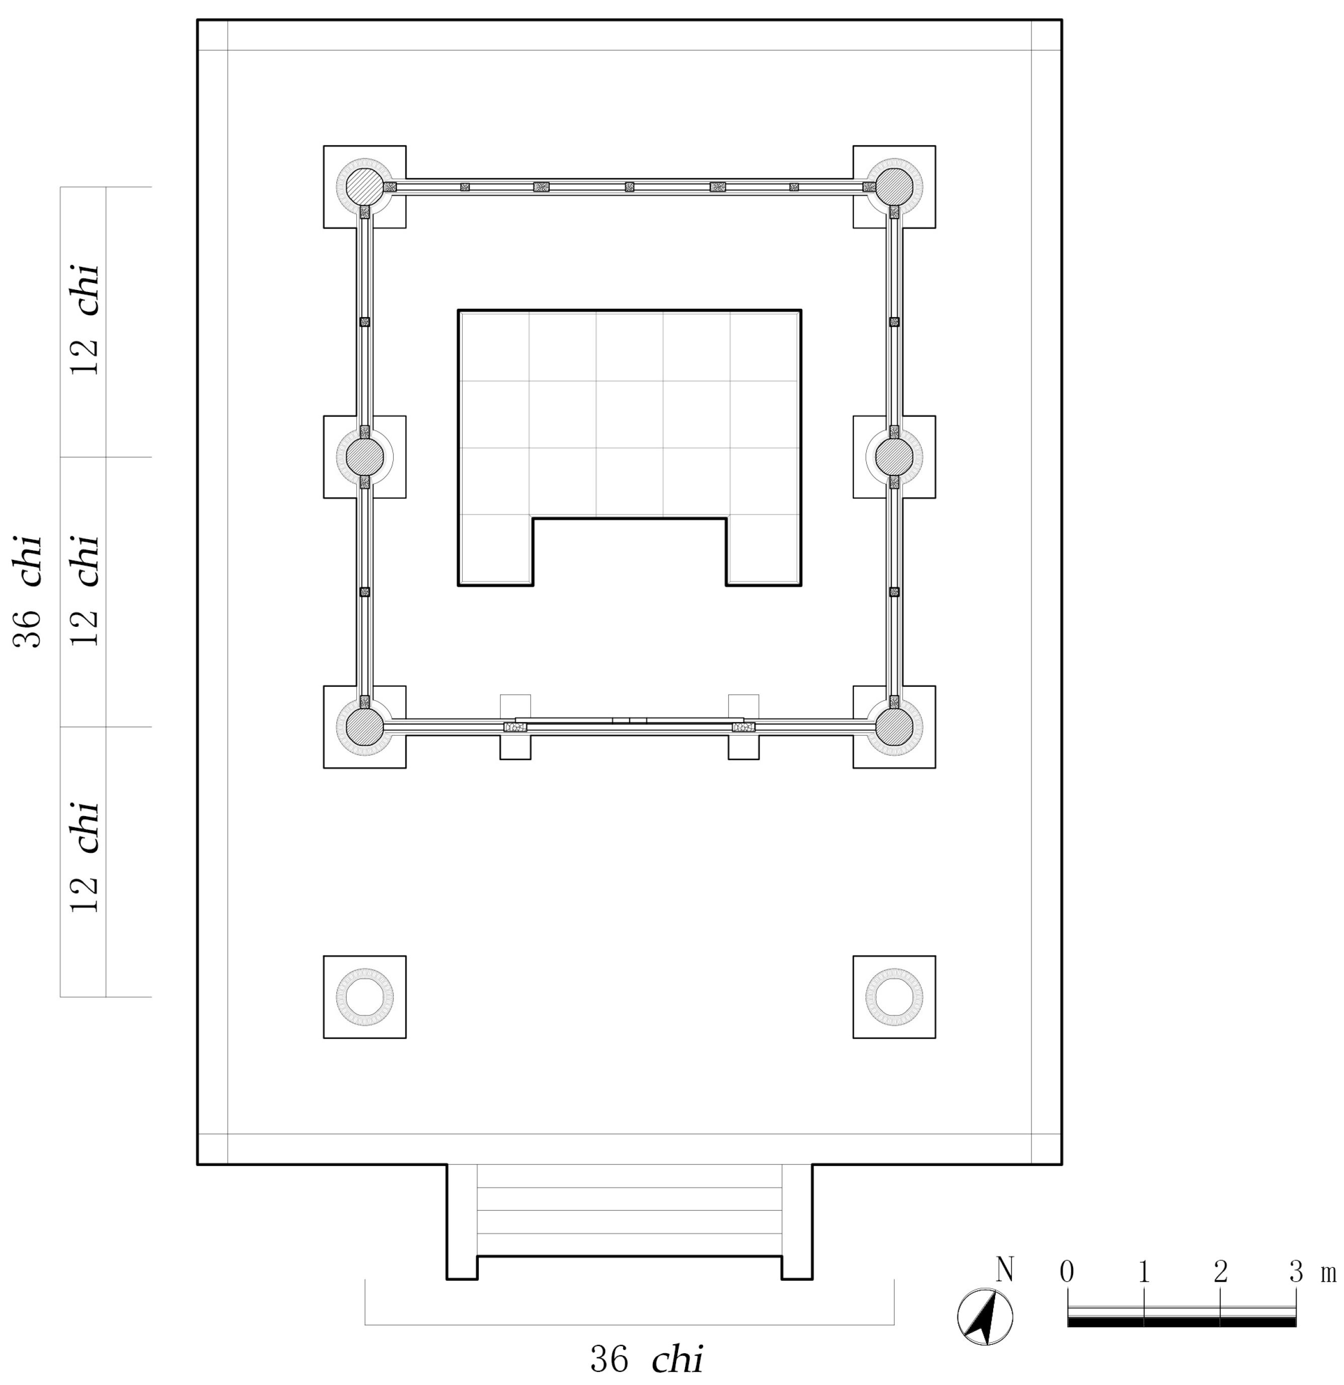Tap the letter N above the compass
1005,1270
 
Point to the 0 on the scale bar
1067,1272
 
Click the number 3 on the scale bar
1295,1272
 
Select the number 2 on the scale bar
1220,1272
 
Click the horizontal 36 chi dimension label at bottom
646,1359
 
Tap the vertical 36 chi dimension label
28,592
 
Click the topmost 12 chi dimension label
85,320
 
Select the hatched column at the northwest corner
364,187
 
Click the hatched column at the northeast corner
894,187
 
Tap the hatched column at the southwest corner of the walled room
364,726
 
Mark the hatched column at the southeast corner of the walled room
894,726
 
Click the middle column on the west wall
364,457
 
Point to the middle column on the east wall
894,457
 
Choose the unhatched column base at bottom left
364,997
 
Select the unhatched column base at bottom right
894,997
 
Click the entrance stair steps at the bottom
629,1210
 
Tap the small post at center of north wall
629,187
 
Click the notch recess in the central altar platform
629,551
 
